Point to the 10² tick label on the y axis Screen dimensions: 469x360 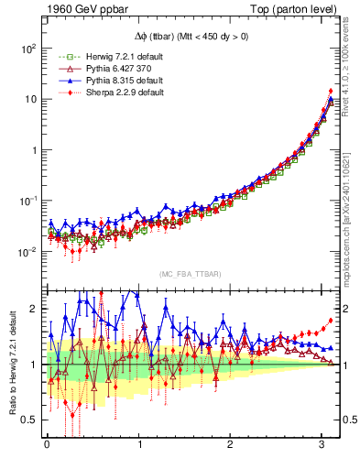click(x=28, y=47)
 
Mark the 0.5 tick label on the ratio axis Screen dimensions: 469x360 click(x=29, y=420)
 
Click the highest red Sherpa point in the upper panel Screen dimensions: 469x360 click(x=330, y=91)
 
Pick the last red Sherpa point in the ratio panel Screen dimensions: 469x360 click(x=330, y=321)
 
